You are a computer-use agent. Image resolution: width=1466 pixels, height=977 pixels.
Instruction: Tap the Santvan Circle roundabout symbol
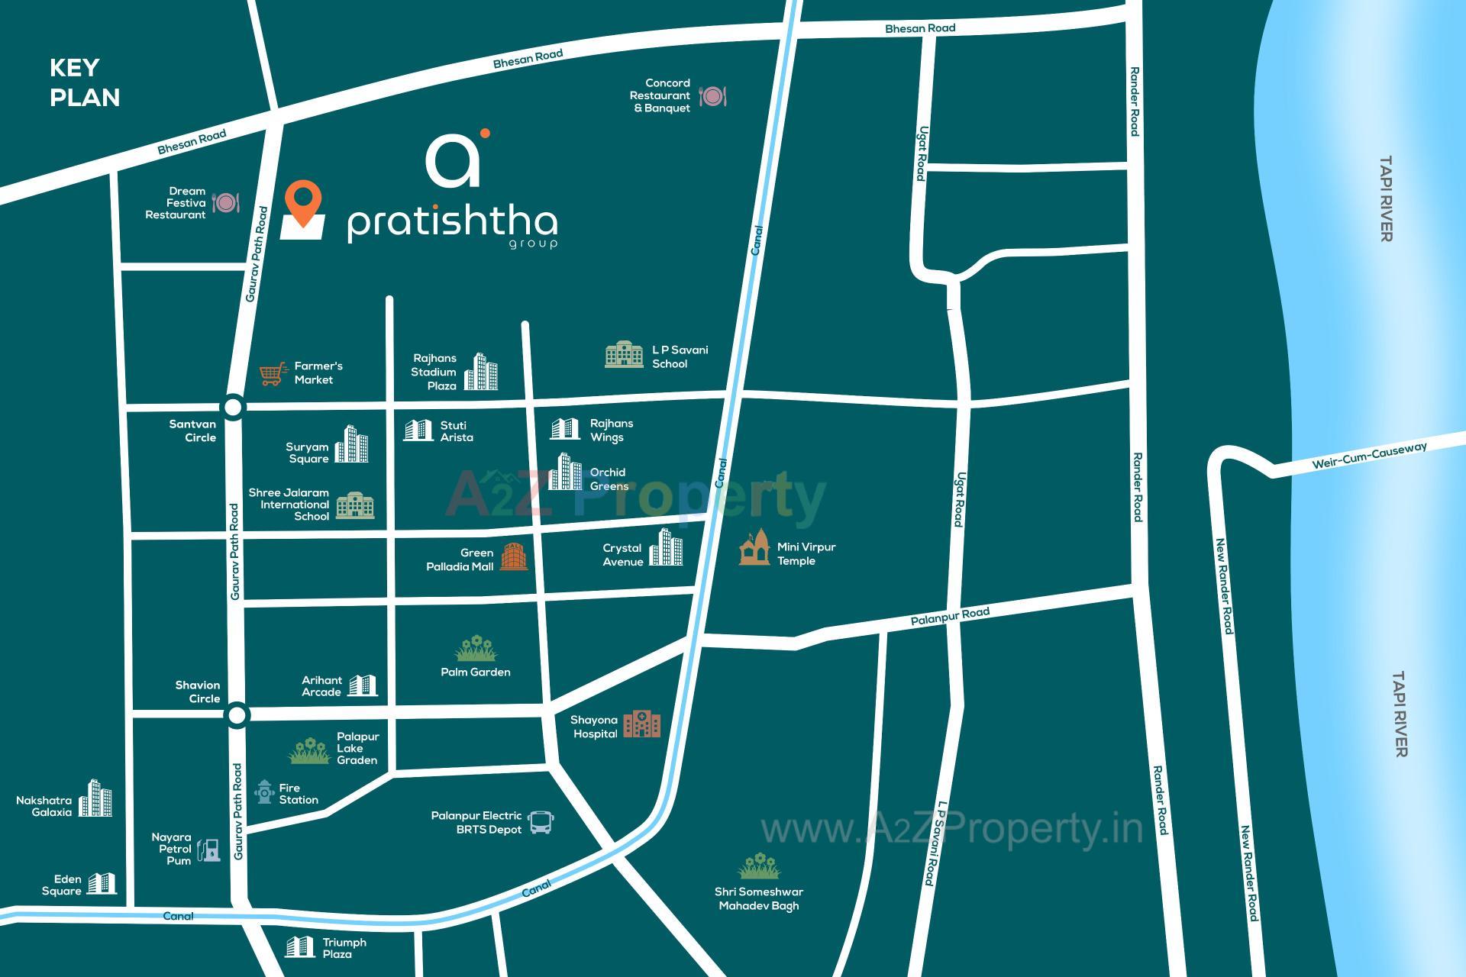234,407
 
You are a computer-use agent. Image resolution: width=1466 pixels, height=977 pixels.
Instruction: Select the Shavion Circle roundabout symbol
237,715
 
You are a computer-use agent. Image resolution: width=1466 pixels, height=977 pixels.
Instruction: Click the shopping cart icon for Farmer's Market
273,373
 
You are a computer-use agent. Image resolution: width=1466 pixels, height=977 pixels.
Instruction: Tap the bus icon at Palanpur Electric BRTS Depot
541,822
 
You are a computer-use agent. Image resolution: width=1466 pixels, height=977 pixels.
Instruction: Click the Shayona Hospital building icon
641,724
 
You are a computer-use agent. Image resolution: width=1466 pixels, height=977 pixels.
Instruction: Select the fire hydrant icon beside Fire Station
265,792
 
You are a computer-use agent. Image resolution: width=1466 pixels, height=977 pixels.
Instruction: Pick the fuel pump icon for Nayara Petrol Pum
208,850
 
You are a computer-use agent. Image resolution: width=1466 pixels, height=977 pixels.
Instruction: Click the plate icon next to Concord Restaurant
712,96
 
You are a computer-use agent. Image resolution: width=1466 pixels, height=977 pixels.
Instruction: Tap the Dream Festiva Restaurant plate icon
226,203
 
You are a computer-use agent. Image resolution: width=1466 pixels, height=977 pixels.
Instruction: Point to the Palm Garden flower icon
476,649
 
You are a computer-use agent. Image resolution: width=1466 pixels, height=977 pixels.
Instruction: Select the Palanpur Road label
950,616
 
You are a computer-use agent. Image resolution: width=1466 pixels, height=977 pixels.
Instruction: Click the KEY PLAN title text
85,82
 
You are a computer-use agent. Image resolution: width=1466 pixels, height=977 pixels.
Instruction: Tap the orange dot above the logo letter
484,134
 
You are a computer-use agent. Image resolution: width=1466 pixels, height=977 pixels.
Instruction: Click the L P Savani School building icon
624,354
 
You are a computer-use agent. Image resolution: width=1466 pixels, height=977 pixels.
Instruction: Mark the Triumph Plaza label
344,948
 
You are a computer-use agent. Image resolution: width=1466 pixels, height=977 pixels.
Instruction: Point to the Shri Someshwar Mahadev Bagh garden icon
759,866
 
